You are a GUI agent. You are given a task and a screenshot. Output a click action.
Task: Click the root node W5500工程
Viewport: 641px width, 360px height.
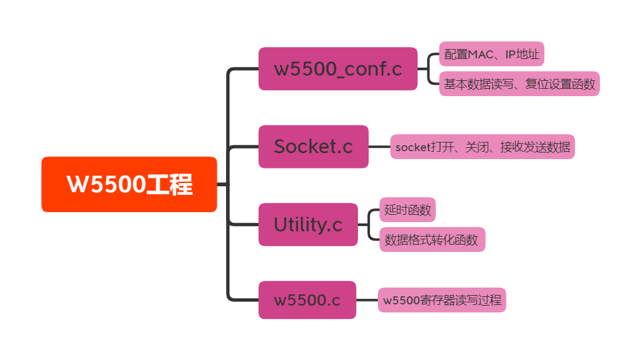[x=129, y=184]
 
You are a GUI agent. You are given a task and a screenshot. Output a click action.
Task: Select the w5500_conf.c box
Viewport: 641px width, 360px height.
[x=337, y=69]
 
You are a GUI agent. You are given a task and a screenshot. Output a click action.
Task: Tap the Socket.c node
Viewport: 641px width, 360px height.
[x=313, y=147]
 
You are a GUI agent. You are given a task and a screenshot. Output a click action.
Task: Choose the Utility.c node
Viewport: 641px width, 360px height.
[x=308, y=225]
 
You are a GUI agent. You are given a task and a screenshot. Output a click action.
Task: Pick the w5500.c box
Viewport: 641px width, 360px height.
[x=307, y=300]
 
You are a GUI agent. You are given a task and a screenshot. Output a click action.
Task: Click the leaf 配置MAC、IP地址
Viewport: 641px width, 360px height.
[x=491, y=54]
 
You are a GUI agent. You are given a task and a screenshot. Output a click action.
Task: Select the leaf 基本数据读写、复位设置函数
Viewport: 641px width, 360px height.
[x=519, y=84]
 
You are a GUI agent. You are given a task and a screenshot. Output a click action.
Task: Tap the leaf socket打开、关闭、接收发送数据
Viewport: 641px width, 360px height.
[x=482, y=147]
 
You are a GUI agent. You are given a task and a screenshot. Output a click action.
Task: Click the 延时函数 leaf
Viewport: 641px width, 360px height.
[x=407, y=210]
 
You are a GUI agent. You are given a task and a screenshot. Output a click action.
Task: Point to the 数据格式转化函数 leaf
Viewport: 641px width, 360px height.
[x=432, y=240]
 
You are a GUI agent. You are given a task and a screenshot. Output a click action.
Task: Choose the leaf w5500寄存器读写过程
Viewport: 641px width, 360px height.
[x=441, y=300]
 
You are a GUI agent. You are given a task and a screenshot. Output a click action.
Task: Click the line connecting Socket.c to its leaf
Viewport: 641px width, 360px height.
[x=379, y=147]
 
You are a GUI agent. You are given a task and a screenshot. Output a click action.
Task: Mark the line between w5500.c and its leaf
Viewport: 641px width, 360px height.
[x=367, y=300]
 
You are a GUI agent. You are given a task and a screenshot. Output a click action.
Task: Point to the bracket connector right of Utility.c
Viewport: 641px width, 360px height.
[x=369, y=225]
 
